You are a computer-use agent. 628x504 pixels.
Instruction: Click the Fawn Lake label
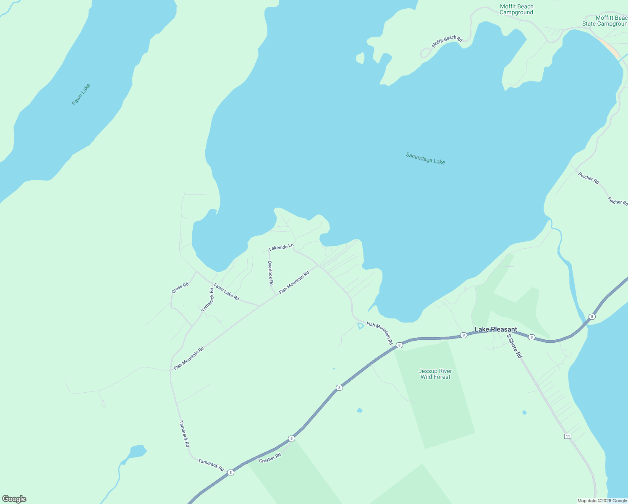pos(81,94)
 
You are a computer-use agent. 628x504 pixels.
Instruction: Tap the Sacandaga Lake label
pos(425,158)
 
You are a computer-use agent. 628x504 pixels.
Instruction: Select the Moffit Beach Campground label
pos(516,9)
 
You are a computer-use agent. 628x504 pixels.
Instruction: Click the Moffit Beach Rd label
pos(447,42)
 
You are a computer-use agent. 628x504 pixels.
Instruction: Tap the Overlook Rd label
pos(271,273)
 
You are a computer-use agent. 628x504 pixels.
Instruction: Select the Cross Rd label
pos(180,288)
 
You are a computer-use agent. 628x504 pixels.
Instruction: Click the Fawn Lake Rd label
pos(226,292)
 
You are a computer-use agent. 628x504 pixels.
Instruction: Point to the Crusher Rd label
pos(270,458)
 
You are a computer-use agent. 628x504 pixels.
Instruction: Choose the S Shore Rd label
pos(514,346)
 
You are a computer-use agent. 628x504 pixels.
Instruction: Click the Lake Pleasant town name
pos(496,329)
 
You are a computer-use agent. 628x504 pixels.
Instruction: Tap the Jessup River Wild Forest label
pos(435,374)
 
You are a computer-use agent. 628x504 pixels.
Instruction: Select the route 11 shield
pos(568,436)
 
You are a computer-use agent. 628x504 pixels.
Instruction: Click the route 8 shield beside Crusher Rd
pos(291,438)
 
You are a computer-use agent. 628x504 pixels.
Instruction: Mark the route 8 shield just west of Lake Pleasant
pos(463,335)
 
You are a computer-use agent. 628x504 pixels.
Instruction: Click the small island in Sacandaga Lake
pos(360,58)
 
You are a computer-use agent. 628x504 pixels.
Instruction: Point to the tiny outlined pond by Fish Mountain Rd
pos(360,326)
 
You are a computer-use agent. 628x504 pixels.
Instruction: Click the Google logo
pos(14,499)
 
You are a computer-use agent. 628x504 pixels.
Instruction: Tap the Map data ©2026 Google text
pos(602,501)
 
